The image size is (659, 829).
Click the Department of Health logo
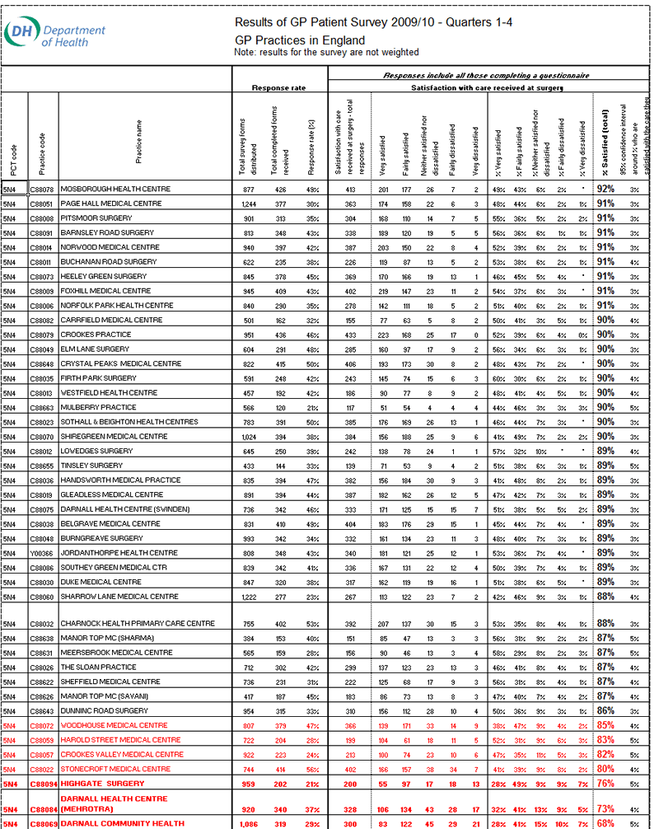click(55, 34)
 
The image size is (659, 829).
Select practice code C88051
click(42, 204)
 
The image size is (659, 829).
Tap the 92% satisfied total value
click(605, 189)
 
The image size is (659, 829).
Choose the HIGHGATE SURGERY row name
click(103, 784)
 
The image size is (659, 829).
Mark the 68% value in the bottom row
click(605, 823)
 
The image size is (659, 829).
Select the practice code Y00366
click(41, 553)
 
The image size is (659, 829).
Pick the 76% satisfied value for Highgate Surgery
click(605, 784)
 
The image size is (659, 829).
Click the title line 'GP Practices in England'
click(299, 40)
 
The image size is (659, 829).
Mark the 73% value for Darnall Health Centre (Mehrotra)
click(605, 808)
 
